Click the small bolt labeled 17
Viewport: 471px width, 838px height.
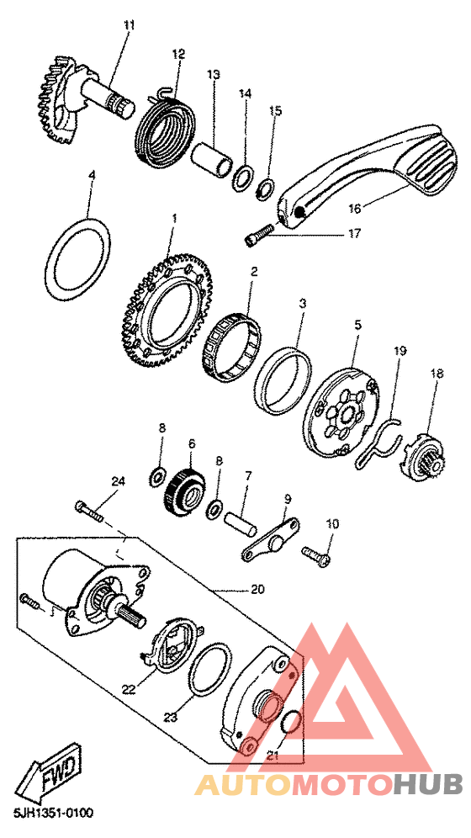(261, 235)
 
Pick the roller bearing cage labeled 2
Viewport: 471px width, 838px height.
(232, 347)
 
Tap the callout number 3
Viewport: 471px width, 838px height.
(302, 305)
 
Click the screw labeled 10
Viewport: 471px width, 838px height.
(316, 558)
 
